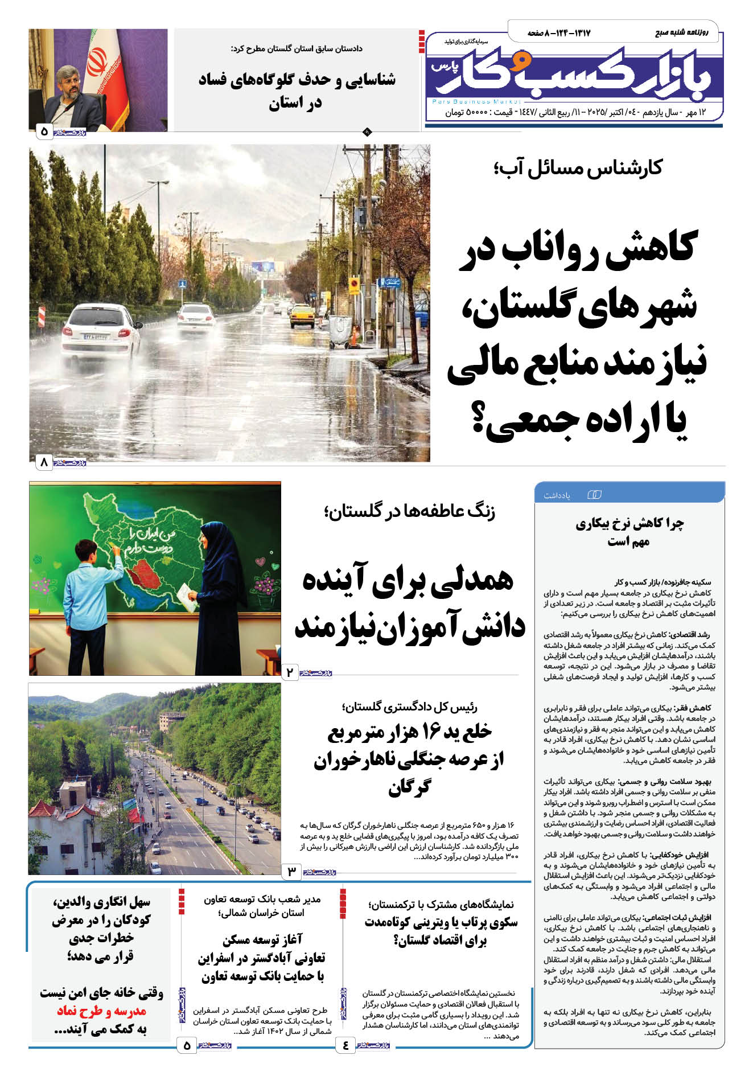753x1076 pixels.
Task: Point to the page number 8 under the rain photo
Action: point(44,462)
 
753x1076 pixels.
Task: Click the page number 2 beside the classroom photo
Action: point(290,672)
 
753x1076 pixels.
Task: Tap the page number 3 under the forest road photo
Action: point(291,871)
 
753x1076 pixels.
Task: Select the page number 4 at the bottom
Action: point(345,1045)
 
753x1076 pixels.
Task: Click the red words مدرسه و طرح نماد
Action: point(101,1011)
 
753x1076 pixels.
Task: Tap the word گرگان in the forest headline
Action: point(409,788)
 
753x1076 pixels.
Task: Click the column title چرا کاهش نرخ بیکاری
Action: point(629,523)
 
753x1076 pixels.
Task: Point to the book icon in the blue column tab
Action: point(594,495)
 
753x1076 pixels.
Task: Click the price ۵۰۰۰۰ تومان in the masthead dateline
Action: point(467,112)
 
